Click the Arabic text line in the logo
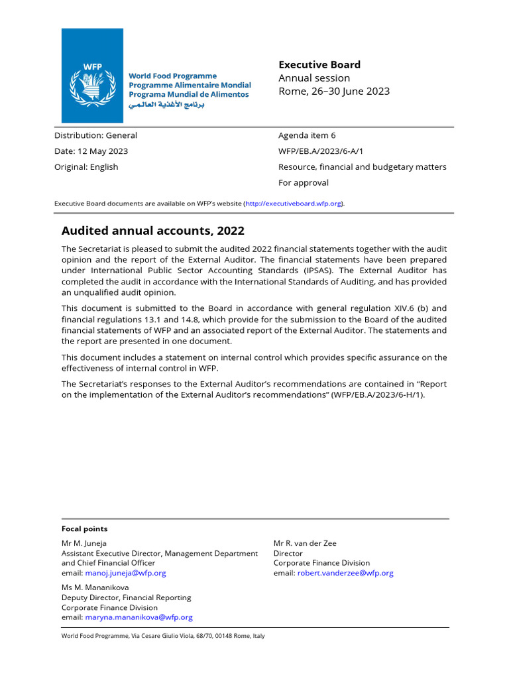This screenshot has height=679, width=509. click(x=166, y=105)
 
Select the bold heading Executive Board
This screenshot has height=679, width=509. click(x=319, y=64)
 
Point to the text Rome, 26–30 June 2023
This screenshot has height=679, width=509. click(x=334, y=92)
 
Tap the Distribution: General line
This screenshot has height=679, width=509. click(x=95, y=135)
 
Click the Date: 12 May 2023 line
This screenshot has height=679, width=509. click(x=91, y=151)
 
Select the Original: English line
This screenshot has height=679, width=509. click(x=86, y=167)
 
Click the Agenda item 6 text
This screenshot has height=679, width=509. click(x=307, y=135)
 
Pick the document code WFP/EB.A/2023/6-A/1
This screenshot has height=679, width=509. click(x=321, y=151)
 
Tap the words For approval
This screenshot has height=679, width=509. click(x=303, y=183)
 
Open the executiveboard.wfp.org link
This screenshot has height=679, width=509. click(x=294, y=204)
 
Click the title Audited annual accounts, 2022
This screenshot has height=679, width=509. click(x=152, y=231)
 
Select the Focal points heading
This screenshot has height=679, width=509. click(x=84, y=529)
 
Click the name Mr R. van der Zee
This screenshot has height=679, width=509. click(x=305, y=543)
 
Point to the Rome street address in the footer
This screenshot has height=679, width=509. click(x=162, y=636)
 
